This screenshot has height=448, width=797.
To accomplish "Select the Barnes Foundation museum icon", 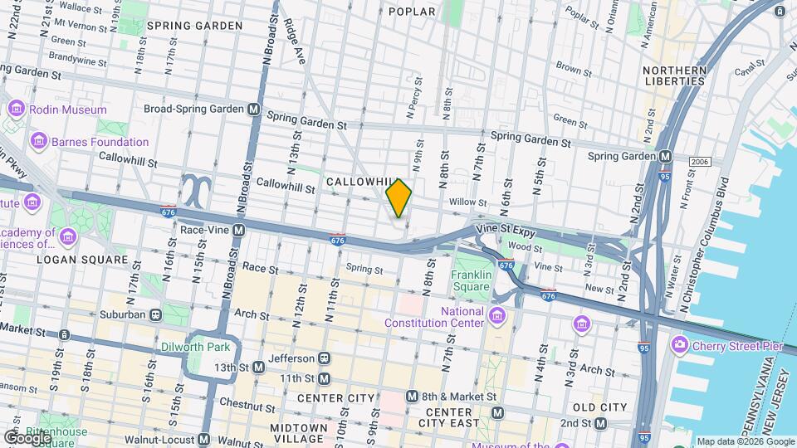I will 37,142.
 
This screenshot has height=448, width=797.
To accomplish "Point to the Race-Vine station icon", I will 238,230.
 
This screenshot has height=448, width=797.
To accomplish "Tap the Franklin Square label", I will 471,280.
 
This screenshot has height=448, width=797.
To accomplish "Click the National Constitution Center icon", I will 497,316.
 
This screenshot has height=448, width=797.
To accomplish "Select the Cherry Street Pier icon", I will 680,343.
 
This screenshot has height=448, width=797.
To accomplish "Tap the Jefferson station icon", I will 324,358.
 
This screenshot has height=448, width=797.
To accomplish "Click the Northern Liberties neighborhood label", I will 675,75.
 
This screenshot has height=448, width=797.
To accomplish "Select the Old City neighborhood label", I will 599,407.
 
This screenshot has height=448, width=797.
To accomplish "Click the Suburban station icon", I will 155,314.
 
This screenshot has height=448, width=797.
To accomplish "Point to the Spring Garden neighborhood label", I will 194,26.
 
